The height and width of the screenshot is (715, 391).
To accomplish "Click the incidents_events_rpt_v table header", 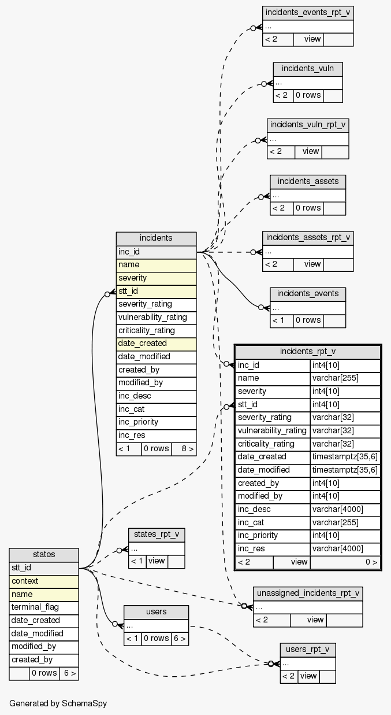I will (308, 13).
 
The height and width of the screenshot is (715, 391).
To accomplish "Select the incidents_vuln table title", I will (308, 69).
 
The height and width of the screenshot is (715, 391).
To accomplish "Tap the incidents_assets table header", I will (308, 181).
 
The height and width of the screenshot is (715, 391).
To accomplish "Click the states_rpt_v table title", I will (157, 534).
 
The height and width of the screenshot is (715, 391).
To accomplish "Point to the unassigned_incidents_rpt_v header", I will (308, 593).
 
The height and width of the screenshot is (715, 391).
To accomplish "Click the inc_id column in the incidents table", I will (156, 252).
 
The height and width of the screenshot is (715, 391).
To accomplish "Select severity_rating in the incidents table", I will (156, 304).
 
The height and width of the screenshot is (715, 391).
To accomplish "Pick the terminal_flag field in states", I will (44, 607).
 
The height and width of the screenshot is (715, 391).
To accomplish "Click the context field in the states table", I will (44, 581).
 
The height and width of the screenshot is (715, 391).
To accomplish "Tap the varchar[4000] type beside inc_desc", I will (345, 509).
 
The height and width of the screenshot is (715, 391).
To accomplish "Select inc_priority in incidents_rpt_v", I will (273, 536).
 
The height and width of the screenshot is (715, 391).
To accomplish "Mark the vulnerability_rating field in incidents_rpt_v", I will (273, 430).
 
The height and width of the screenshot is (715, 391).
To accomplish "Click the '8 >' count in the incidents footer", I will (184, 449).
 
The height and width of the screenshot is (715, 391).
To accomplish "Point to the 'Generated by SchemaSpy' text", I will (58, 703).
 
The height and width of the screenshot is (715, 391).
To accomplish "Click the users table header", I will (156, 611).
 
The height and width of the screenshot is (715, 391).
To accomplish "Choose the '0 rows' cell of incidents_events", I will (308, 320).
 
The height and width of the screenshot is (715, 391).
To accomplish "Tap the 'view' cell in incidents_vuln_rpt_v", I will (311, 152).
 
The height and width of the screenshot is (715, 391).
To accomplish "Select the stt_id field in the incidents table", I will (156, 291).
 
